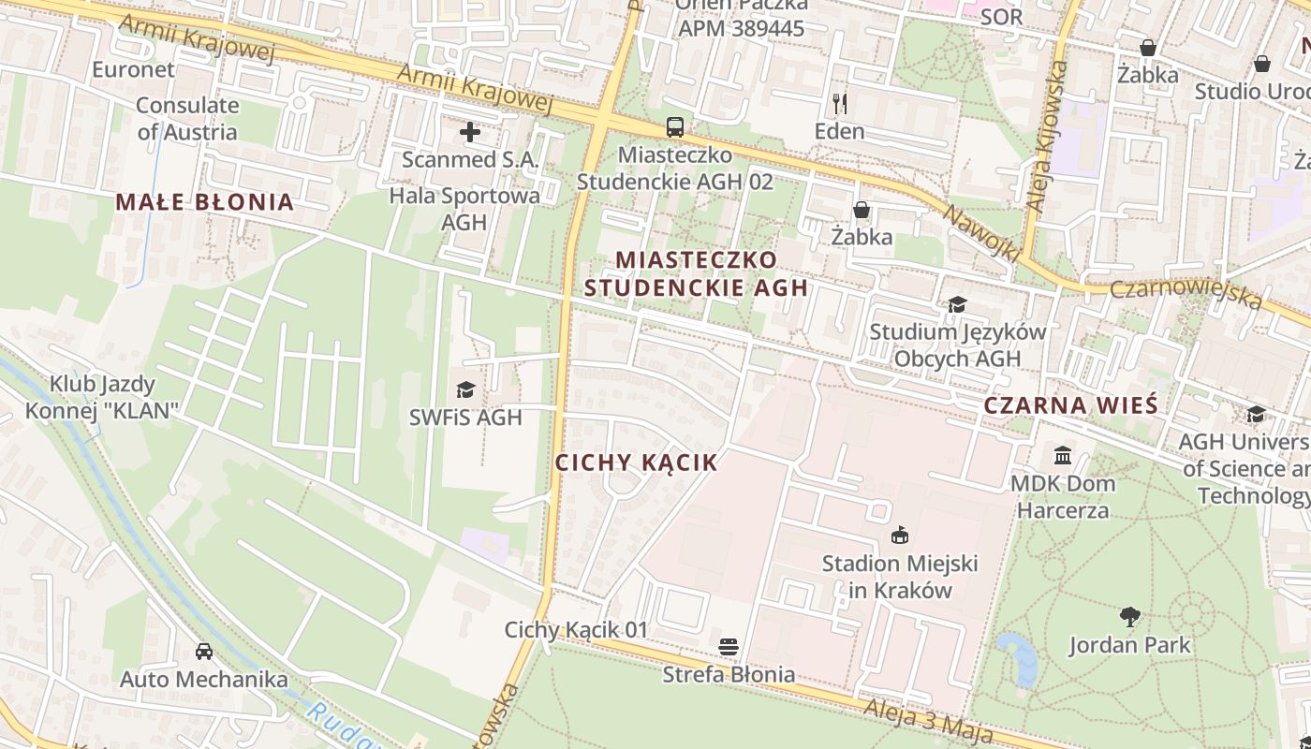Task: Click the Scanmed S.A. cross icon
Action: tap(470, 132)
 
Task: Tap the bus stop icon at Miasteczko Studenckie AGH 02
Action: tap(674, 127)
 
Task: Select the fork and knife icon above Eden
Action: tap(839, 103)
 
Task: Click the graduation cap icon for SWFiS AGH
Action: tap(465, 389)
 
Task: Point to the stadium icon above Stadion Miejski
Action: tap(900, 536)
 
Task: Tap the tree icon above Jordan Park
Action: tap(1130, 617)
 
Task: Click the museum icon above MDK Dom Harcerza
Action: tap(1063, 456)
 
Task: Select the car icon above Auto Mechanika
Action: tap(204, 651)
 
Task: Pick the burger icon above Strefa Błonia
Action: tap(729, 647)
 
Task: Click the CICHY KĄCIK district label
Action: tap(637, 463)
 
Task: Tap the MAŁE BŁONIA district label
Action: tap(205, 202)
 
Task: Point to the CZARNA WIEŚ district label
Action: tap(1071, 406)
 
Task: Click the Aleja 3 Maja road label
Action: tap(927, 719)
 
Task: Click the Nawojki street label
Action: tap(980, 231)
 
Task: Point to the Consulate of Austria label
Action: tap(187, 119)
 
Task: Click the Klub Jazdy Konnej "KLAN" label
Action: tap(102, 397)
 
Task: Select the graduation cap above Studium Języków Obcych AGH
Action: tap(957, 304)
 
